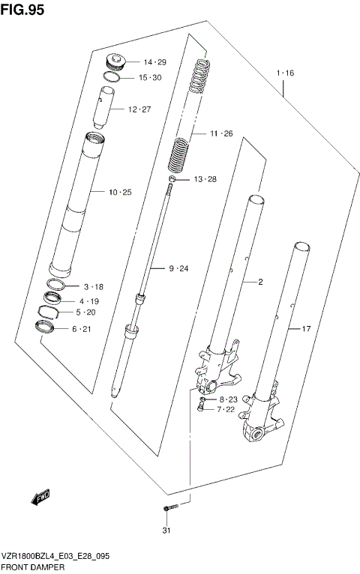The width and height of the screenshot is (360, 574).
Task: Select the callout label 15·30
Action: click(x=149, y=78)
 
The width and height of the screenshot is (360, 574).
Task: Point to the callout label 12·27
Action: click(x=139, y=109)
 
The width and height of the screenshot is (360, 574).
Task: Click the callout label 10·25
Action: click(x=119, y=193)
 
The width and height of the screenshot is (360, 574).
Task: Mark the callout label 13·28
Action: click(x=205, y=179)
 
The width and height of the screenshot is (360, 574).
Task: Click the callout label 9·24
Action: click(x=180, y=268)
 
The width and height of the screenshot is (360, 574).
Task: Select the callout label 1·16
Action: click(x=285, y=73)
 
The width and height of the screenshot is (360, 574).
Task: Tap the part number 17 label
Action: click(x=305, y=328)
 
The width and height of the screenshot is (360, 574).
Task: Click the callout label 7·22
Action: click(x=227, y=409)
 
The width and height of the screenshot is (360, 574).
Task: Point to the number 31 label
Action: click(x=168, y=532)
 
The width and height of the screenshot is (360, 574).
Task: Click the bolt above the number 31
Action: click(x=168, y=510)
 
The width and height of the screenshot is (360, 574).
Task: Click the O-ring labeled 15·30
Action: click(x=110, y=76)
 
